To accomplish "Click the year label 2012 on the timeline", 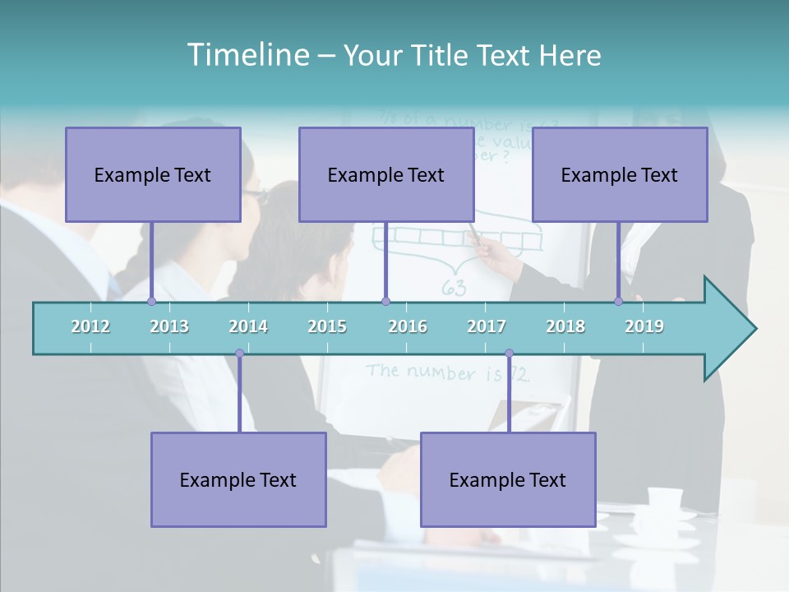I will point(90,326).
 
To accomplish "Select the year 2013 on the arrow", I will point(169,326).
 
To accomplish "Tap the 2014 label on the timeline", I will point(248,326).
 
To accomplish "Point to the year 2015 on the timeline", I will point(327,326).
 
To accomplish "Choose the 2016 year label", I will point(408,326).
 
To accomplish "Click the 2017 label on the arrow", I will point(487,326).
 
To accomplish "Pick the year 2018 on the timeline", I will point(565,326).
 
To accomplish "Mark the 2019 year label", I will point(644,326).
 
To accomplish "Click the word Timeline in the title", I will point(247,55).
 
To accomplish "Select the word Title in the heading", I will point(440,55).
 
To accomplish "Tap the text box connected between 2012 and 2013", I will point(153,174).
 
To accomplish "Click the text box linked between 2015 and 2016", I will point(386,174).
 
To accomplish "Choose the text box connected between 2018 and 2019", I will point(620,174).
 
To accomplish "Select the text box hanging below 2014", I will point(238,479).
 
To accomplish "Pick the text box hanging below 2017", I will point(508,479).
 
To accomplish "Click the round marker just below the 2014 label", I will point(239,354).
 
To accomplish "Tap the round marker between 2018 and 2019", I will point(618,301).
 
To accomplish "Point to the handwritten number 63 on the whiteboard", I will point(454,288).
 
